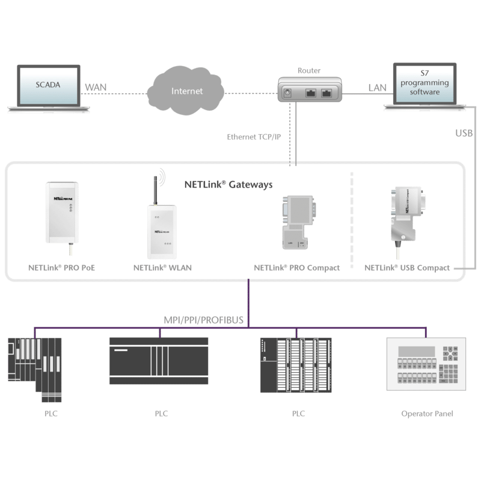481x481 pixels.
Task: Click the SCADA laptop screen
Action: [x=49, y=86]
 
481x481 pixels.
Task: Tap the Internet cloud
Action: [x=186, y=91]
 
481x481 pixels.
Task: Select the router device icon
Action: [x=310, y=90]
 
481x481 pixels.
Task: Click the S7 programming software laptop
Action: [x=425, y=87]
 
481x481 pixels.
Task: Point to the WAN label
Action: [x=96, y=87]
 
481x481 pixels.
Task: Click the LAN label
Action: [x=378, y=88]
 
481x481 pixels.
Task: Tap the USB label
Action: [x=464, y=133]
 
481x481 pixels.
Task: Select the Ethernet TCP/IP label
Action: [x=254, y=137]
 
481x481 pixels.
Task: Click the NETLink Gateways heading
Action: [x=228, y=185]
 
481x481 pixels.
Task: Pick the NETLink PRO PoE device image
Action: [x=62, y=216]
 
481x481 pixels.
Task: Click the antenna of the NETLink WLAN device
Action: [x=156, y=189]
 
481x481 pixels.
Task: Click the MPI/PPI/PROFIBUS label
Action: [x=203, y=320]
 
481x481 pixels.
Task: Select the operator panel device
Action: [x=426, y=364]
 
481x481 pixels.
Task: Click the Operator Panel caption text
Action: [x=427, y=414]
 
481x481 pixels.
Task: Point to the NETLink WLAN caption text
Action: [x=162, y=268]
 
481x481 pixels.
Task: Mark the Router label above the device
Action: [x=309, y=70]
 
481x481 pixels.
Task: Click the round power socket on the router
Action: [x=287, y=93]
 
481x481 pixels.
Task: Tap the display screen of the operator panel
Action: [x=416, y=352]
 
